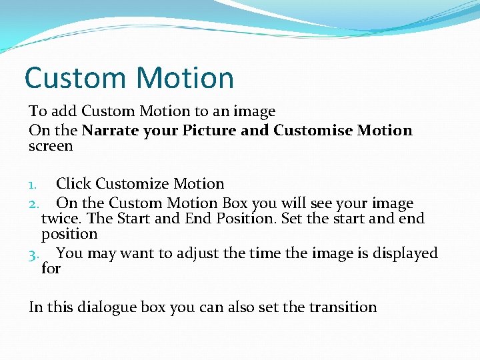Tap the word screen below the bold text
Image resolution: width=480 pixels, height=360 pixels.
click(51, 145)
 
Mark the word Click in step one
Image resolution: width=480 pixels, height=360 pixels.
click(74, 183)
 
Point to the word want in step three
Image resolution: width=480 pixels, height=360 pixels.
click(136, 253)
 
